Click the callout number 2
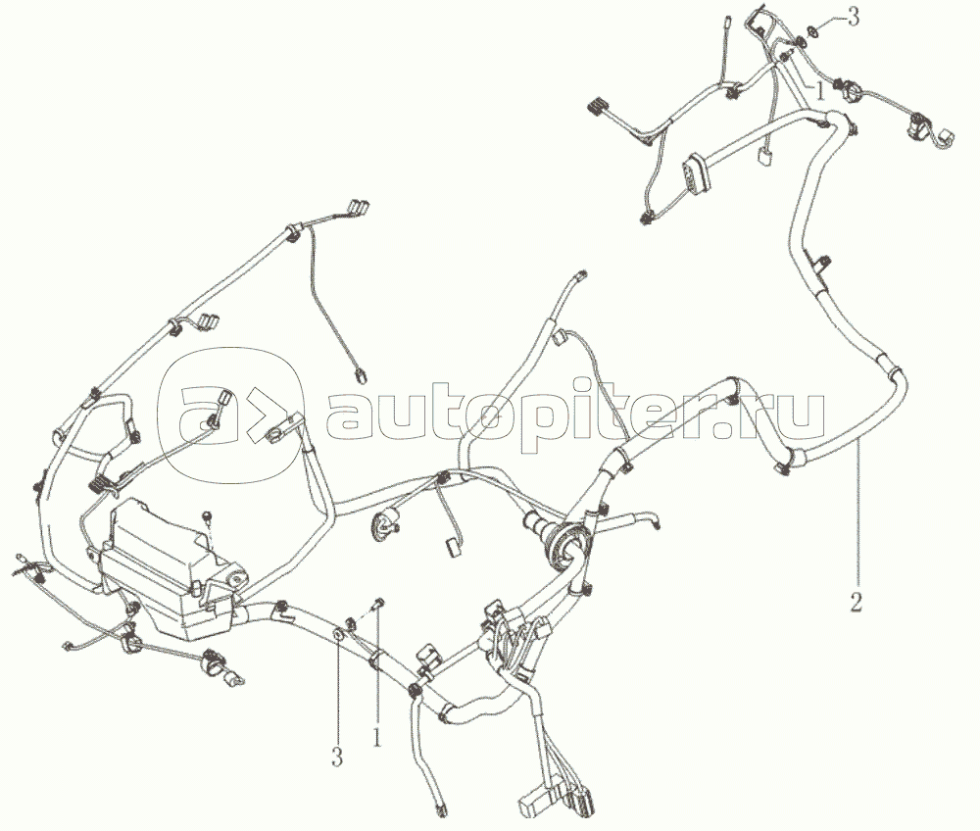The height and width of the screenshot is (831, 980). point(856,602)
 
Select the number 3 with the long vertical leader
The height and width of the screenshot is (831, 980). point(337,758)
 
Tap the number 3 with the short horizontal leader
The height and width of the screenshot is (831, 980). point(853,18)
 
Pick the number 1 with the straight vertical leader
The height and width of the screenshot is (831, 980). point(377,737)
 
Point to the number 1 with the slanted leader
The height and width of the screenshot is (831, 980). point(818,92)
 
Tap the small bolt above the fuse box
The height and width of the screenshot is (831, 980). point(206,515)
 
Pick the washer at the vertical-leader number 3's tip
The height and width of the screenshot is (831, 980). point(337,635)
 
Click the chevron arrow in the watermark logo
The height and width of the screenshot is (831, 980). point(262,416)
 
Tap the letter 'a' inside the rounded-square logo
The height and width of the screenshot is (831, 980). point(202,416)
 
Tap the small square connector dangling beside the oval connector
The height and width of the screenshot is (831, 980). point(763,156)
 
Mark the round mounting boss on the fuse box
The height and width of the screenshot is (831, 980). point(237,579)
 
